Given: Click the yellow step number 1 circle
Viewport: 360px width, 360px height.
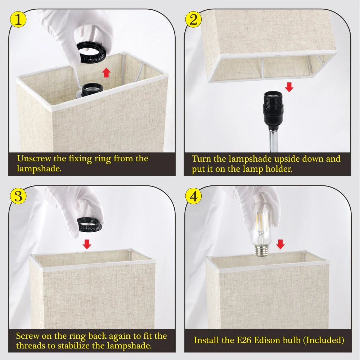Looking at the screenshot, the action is [x=18, y=19].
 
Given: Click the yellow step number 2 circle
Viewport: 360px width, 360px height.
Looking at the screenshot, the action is [x=193, y=19].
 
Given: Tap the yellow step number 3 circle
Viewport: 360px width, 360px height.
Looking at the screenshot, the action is [x=18, y=196].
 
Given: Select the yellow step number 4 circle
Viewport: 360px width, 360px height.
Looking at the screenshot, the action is [x=193, y=196].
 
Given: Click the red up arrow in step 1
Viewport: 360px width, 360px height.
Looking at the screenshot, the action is [x=106, y=72].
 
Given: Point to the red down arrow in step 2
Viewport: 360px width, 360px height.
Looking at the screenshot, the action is [x=289, y=87].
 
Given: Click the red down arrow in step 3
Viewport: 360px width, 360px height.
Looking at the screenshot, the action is [x=87, y=244].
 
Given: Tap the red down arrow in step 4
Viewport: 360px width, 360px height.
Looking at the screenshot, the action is [x=280, y=244].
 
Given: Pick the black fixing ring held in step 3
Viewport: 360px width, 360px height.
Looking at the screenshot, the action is [x=89, y=225].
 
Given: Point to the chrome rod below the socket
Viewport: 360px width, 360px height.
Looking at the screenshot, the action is [x=273, y=140].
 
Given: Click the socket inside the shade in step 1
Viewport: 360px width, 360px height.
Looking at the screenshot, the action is [x=91, y=90].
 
